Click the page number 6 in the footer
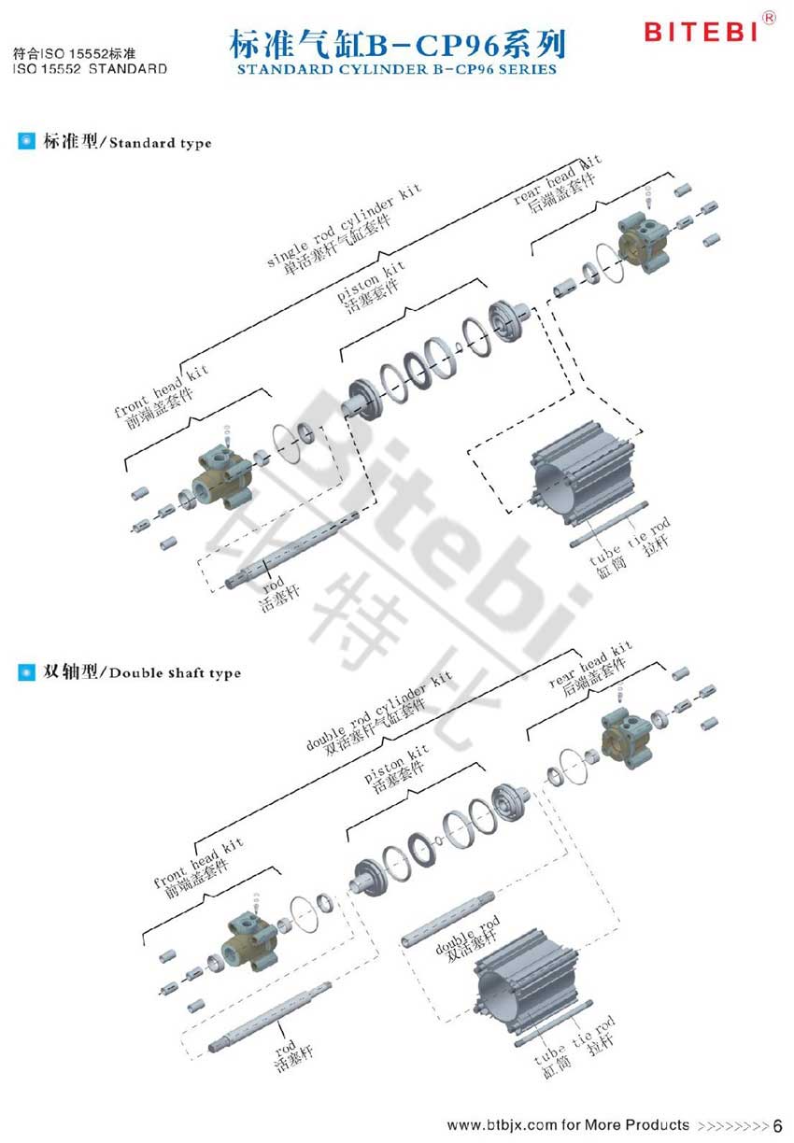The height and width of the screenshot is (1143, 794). pyautogui.click(x=778, y=1124)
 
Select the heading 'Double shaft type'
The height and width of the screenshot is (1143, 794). pyautogui.click(x=173, y=672)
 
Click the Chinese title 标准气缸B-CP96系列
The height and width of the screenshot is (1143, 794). pyautogui.click(x=397, y=45)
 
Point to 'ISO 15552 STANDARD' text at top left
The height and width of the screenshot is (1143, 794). pyautogui.click(x=91, y=69)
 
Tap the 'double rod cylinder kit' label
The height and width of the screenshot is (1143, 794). pyautogui.click(x=378, y=714)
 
